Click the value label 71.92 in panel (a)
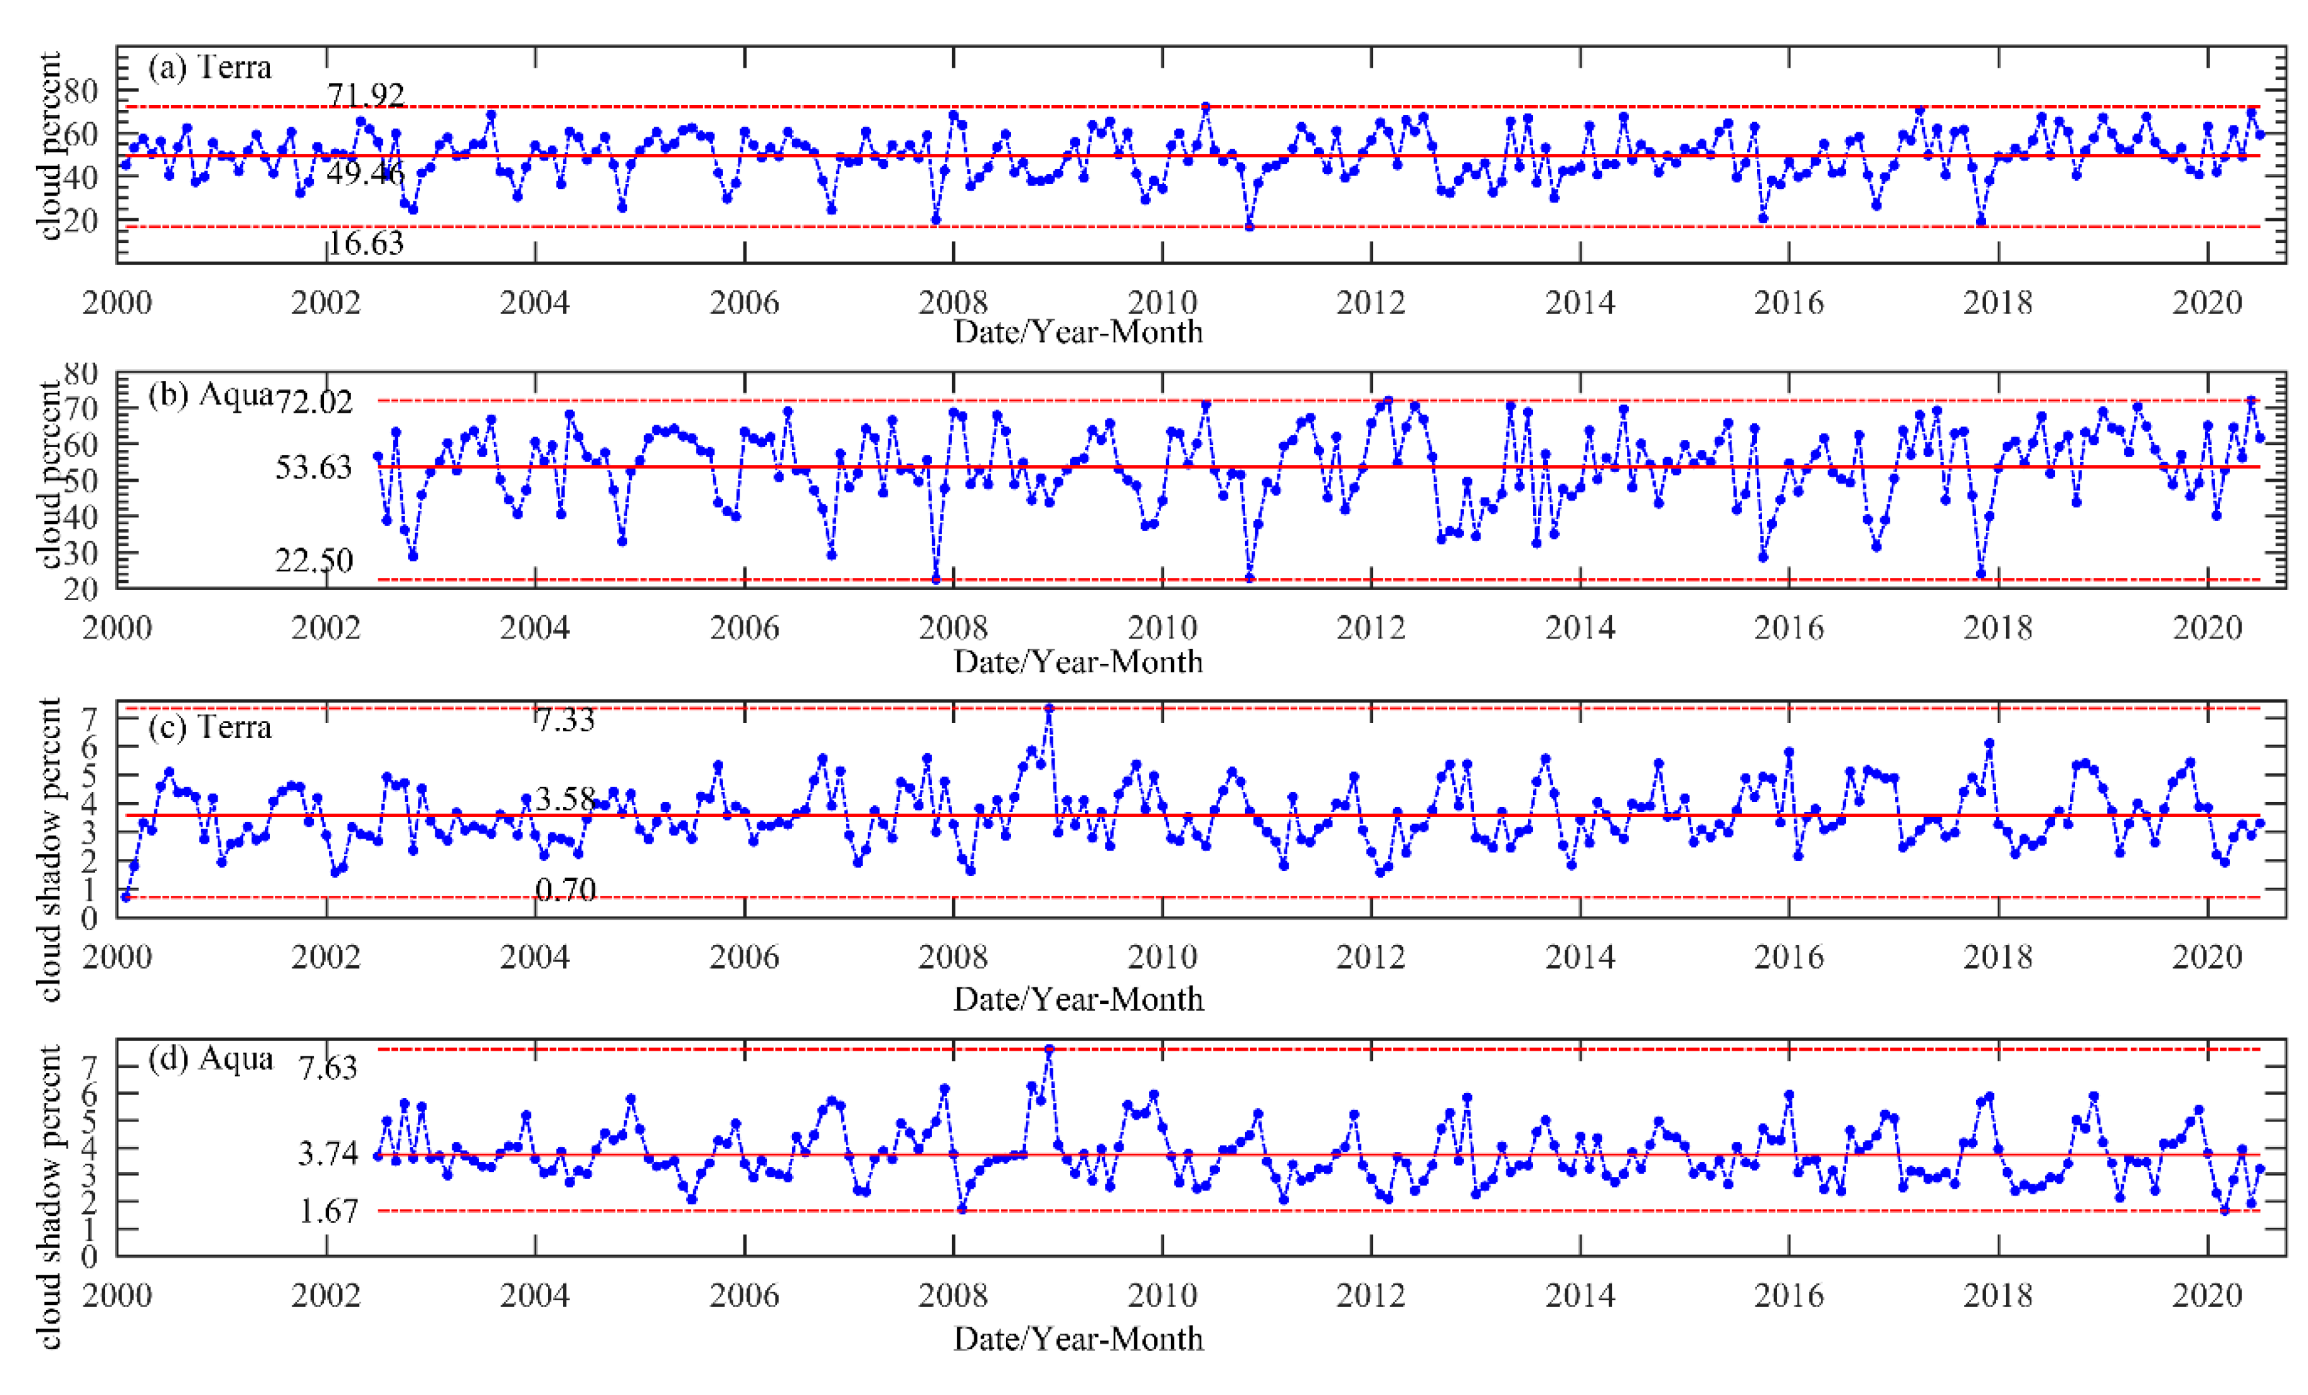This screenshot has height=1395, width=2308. [x=365, y=94]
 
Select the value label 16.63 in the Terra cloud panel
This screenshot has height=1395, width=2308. [x=365, y=244]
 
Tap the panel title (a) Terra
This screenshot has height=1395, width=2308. [x=210, y=68]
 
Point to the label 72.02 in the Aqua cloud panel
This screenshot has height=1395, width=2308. [x=314, y=402]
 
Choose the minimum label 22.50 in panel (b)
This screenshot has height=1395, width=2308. [x=314, y=560]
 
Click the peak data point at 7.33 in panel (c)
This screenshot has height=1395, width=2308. [x=1049, y=708]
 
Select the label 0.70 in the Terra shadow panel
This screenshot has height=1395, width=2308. [x=565, y=889]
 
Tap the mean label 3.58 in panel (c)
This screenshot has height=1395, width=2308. [x=565, y=799]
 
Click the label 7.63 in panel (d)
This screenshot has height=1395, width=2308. [x=328, y=1067]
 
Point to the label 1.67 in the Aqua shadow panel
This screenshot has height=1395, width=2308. [x=328, y=1211]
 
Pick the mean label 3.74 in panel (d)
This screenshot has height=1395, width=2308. [x=328, y=1153]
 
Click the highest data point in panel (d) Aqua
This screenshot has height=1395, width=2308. [x=1049, y=1050]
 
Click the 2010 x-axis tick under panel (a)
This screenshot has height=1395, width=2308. [x=1162, y=303]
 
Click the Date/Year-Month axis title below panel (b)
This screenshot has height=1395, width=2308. [x=1078, y=661]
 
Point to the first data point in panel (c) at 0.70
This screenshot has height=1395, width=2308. [x=125, y=898]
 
